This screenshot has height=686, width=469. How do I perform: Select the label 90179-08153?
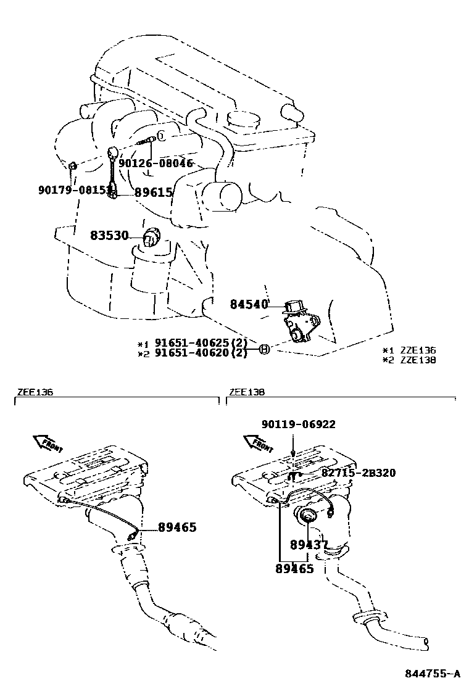click(x=74, y=190)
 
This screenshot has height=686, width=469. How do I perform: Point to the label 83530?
click(x=109, y=236)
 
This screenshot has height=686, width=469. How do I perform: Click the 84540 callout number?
click(x=249, y=304)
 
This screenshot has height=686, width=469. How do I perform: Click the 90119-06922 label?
click(x=298, y=424)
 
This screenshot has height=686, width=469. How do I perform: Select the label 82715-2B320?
click(x=359, y=473)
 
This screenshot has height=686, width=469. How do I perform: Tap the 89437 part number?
click(x=309, y=545)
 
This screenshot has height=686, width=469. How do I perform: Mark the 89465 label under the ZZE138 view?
click(x=294, y=568)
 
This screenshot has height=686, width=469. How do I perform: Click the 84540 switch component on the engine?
click(x=301, y=321)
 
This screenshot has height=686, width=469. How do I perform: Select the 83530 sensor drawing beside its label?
click(x=151, y=239)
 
